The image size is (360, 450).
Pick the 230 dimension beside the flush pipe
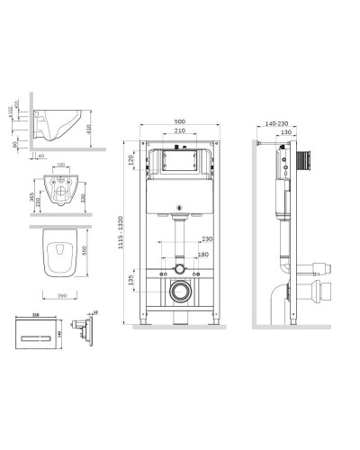[x=208, y=238]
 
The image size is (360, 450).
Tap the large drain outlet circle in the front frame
[x=181, y=292]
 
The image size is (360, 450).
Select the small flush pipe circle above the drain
[x=181, y=268]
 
